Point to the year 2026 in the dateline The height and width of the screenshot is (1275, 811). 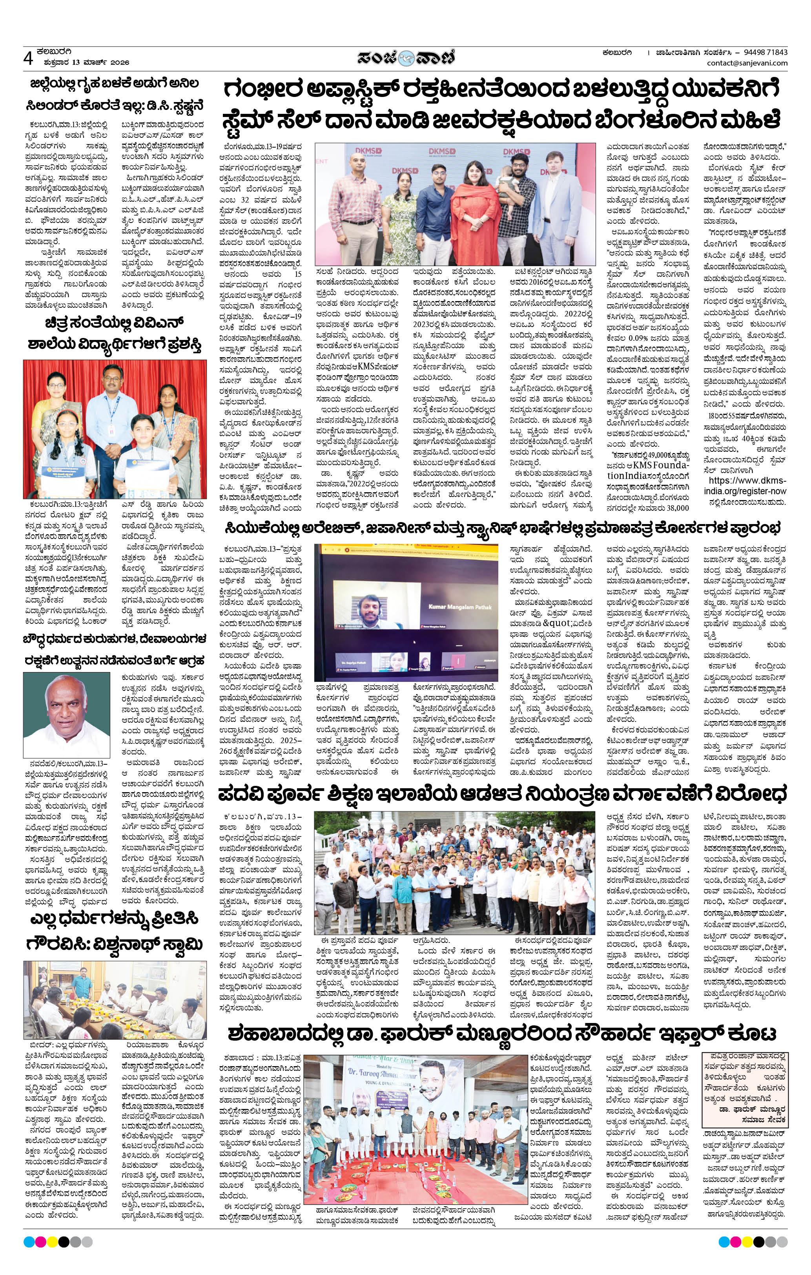click(x=120, y=62)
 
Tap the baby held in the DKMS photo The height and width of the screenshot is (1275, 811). click(x=510, y=190)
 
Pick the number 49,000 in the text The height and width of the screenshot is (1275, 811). click(x=654, y=454)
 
